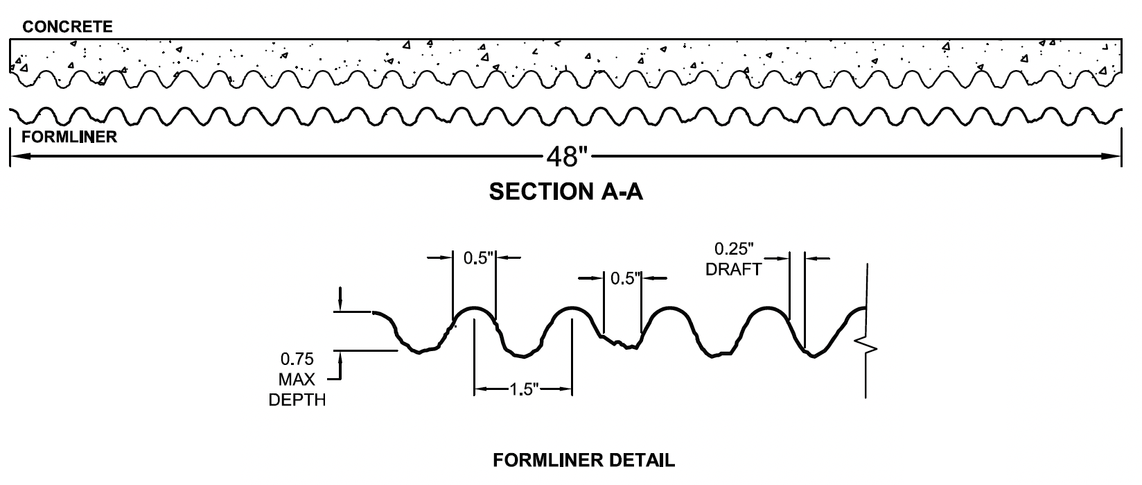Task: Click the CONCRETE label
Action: coord(67,27)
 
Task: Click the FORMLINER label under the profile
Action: coord(69,137)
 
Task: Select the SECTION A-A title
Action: coord(565,192)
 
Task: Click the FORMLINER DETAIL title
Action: coord(583,460)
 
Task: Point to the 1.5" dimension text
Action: coord(524,389)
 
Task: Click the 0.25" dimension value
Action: coord(734,248)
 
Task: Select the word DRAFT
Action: coord(733,269)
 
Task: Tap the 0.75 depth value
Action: coord(297,359)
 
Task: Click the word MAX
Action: coord(297,380)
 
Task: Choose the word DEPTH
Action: coord(297,400)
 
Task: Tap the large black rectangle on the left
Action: coord(119,357)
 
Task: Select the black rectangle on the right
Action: coord(954,389)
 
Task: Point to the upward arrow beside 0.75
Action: coord(340,358)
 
